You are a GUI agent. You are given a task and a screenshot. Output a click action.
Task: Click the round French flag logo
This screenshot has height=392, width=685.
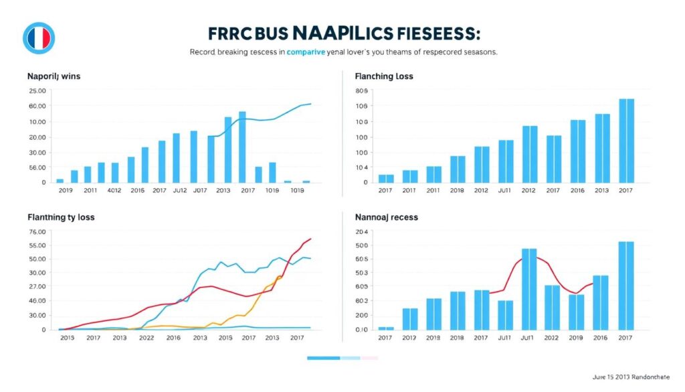click(38, 38)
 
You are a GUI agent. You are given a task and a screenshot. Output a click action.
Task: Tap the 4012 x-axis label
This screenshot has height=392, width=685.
click(115, 190)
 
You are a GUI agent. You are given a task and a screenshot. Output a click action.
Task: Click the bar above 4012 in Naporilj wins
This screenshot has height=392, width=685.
click(115, 172)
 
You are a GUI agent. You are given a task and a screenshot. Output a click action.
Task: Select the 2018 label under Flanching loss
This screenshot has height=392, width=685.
click(458, 190)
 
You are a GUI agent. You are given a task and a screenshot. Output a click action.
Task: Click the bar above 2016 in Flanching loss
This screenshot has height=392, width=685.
click(578, 151)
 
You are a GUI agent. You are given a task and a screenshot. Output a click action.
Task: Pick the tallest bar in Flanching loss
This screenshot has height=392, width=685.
click(626, 141)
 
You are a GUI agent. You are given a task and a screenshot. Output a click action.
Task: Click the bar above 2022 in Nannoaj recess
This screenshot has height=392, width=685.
click(552, 308)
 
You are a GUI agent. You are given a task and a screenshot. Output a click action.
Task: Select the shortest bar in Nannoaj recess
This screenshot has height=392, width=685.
click(386, 328)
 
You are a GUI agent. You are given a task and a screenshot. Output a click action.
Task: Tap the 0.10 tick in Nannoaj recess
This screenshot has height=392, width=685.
click(362, 330)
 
